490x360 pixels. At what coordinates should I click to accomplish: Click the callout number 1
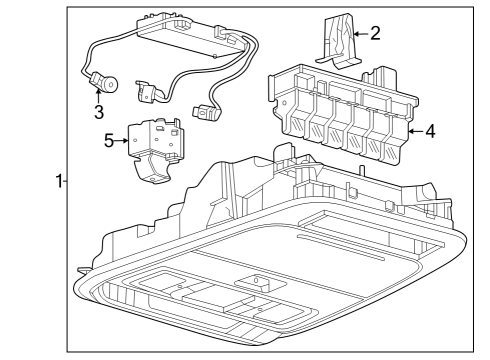point(59,181)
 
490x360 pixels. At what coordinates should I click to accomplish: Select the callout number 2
point(375,33)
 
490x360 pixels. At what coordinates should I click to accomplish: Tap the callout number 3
point(99,110)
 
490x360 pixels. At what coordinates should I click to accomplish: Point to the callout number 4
point(429,130)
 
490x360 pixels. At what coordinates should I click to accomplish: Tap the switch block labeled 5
point(152,140)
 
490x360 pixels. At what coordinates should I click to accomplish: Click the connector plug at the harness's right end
point(209,114)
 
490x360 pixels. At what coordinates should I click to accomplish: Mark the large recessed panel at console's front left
point(165,290)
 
